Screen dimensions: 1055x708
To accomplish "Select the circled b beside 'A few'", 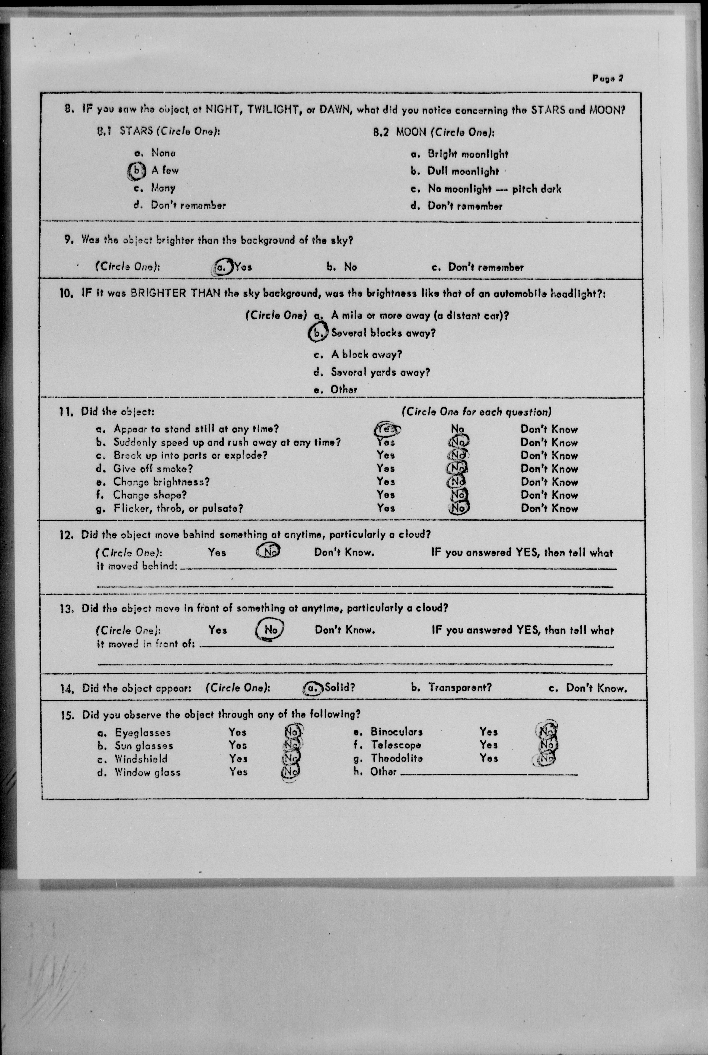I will (x=136, y=170).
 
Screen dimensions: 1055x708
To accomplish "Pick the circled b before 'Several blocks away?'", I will (x=318, y=333).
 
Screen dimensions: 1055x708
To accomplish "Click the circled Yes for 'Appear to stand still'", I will (x=386, y=429).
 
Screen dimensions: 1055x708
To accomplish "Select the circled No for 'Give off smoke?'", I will (x=457, y=469).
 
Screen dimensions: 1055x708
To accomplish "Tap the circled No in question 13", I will (x=270, y=629).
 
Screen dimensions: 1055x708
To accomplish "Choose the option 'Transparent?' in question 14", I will (x=459, y=688).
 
